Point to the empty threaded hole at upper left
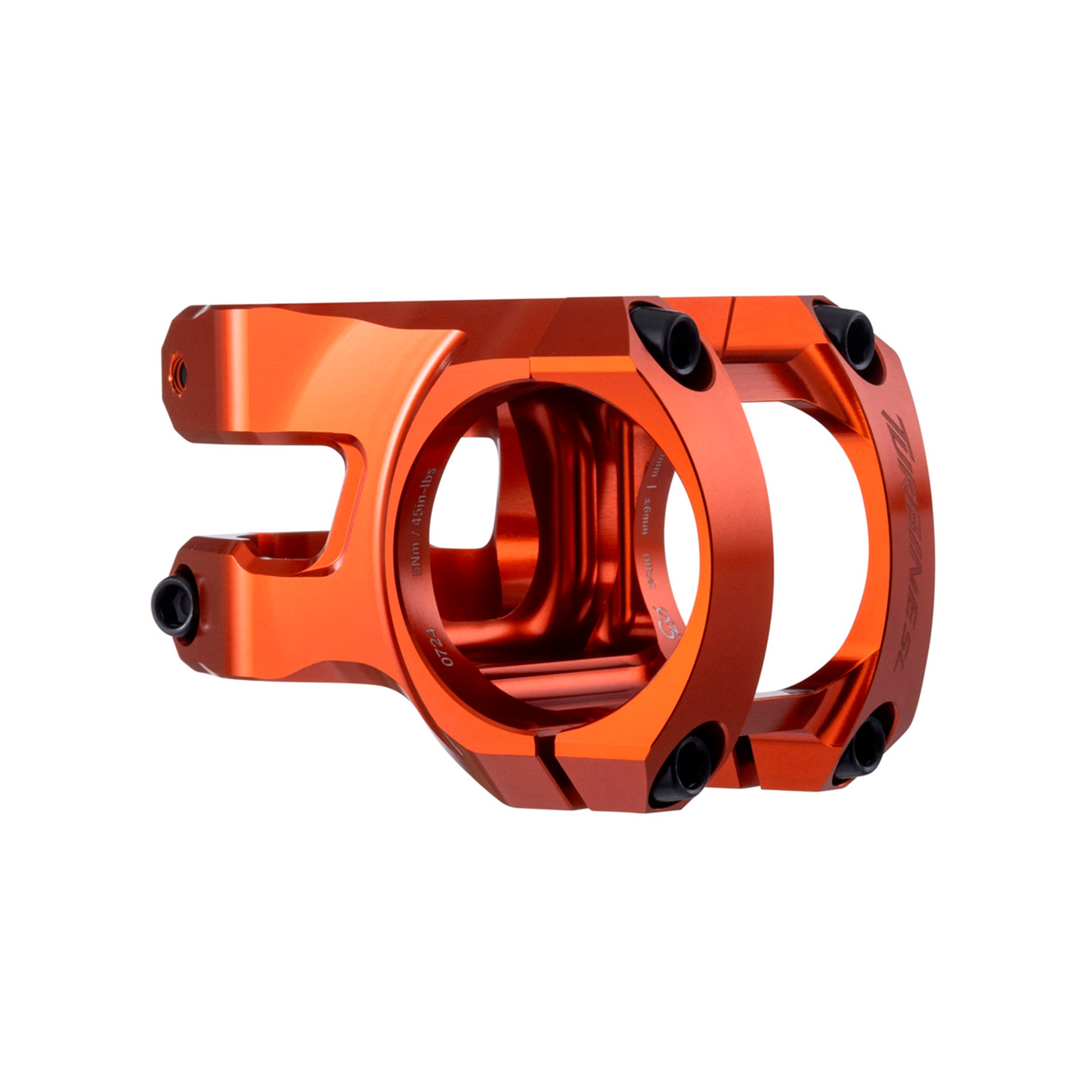[x=180, y=372]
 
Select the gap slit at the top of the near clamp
[x=529, y=366]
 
